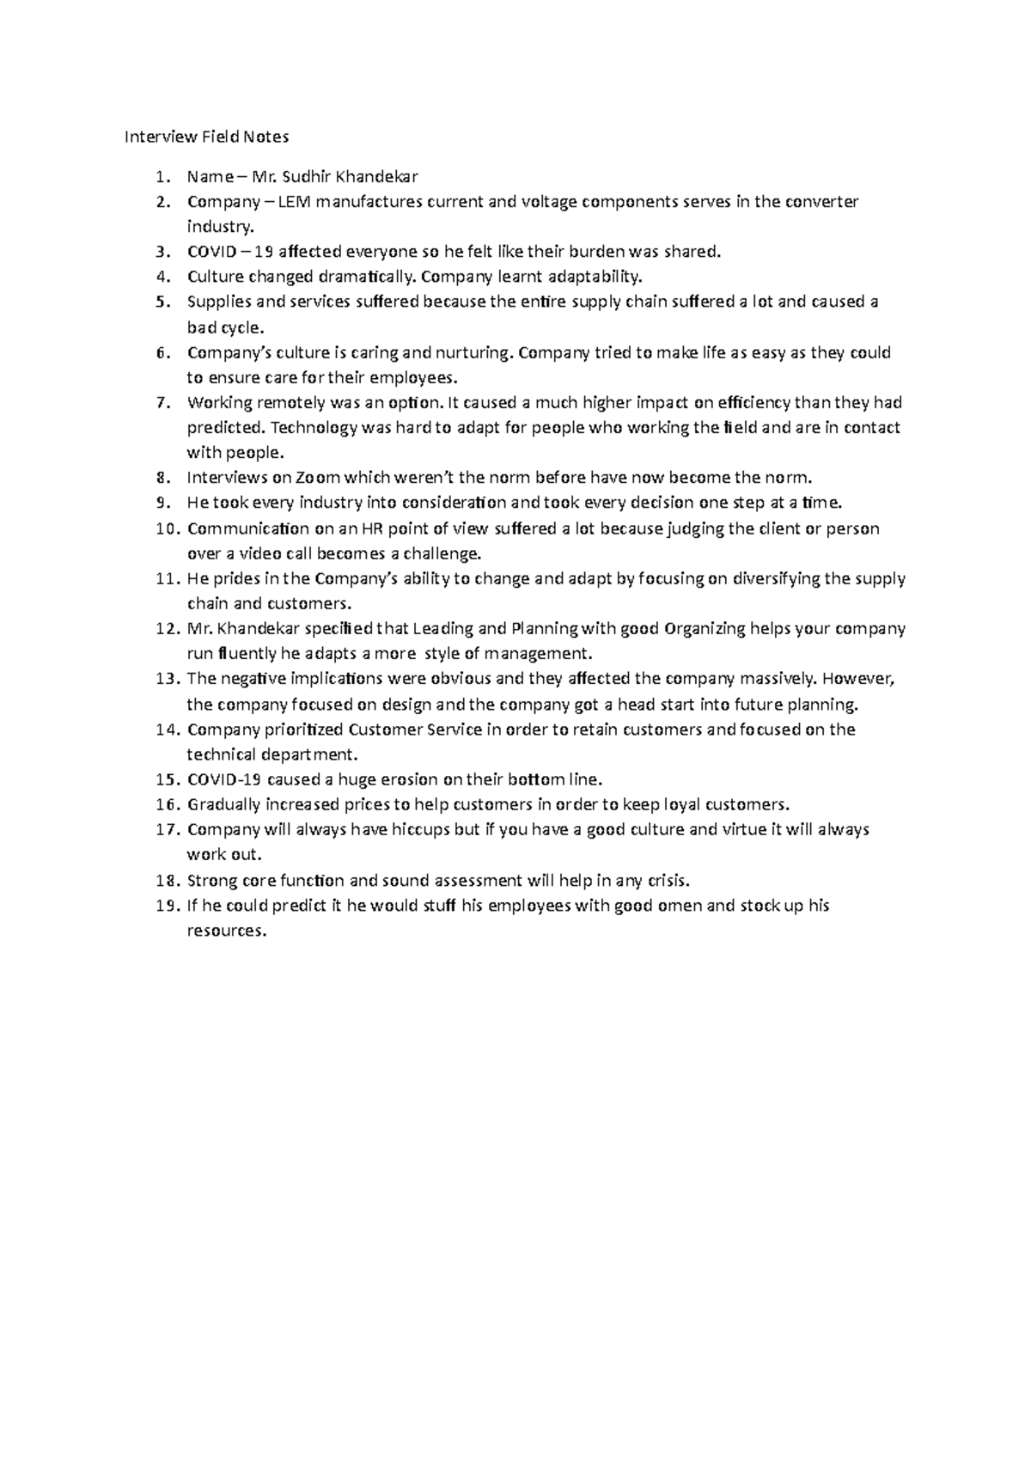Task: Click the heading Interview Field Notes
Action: click(207, 137)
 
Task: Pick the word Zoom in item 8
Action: click(315, 478)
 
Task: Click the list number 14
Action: click(166, 730)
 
